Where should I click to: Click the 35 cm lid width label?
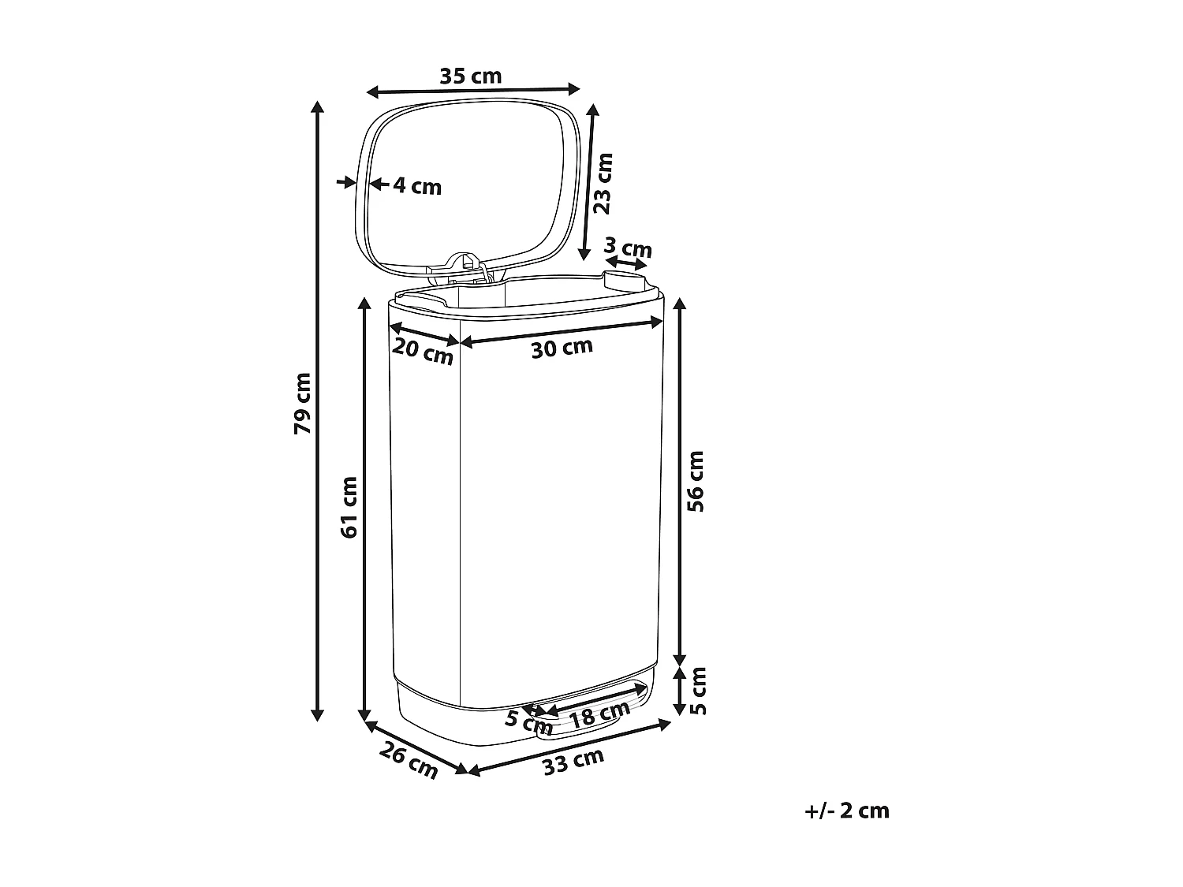click(470, 76)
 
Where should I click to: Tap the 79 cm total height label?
click(302, 402)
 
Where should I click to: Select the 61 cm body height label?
click(349, 507)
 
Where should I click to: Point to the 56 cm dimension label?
click(696, 481)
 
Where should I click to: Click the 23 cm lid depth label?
click(603, 183)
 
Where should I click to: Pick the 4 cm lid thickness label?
click(417, 187)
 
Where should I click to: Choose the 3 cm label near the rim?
click(629, 248)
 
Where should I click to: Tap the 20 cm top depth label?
click(423, 351)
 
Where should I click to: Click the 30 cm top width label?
click(561, 347)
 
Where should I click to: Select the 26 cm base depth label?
click(409, 761)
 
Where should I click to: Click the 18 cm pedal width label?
click(599, 714)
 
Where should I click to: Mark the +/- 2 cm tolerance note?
click(847, 811)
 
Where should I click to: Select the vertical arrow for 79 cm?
click(317, 410)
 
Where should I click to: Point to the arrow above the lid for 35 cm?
click(473, 91)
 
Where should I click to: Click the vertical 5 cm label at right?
click(698, 690)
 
